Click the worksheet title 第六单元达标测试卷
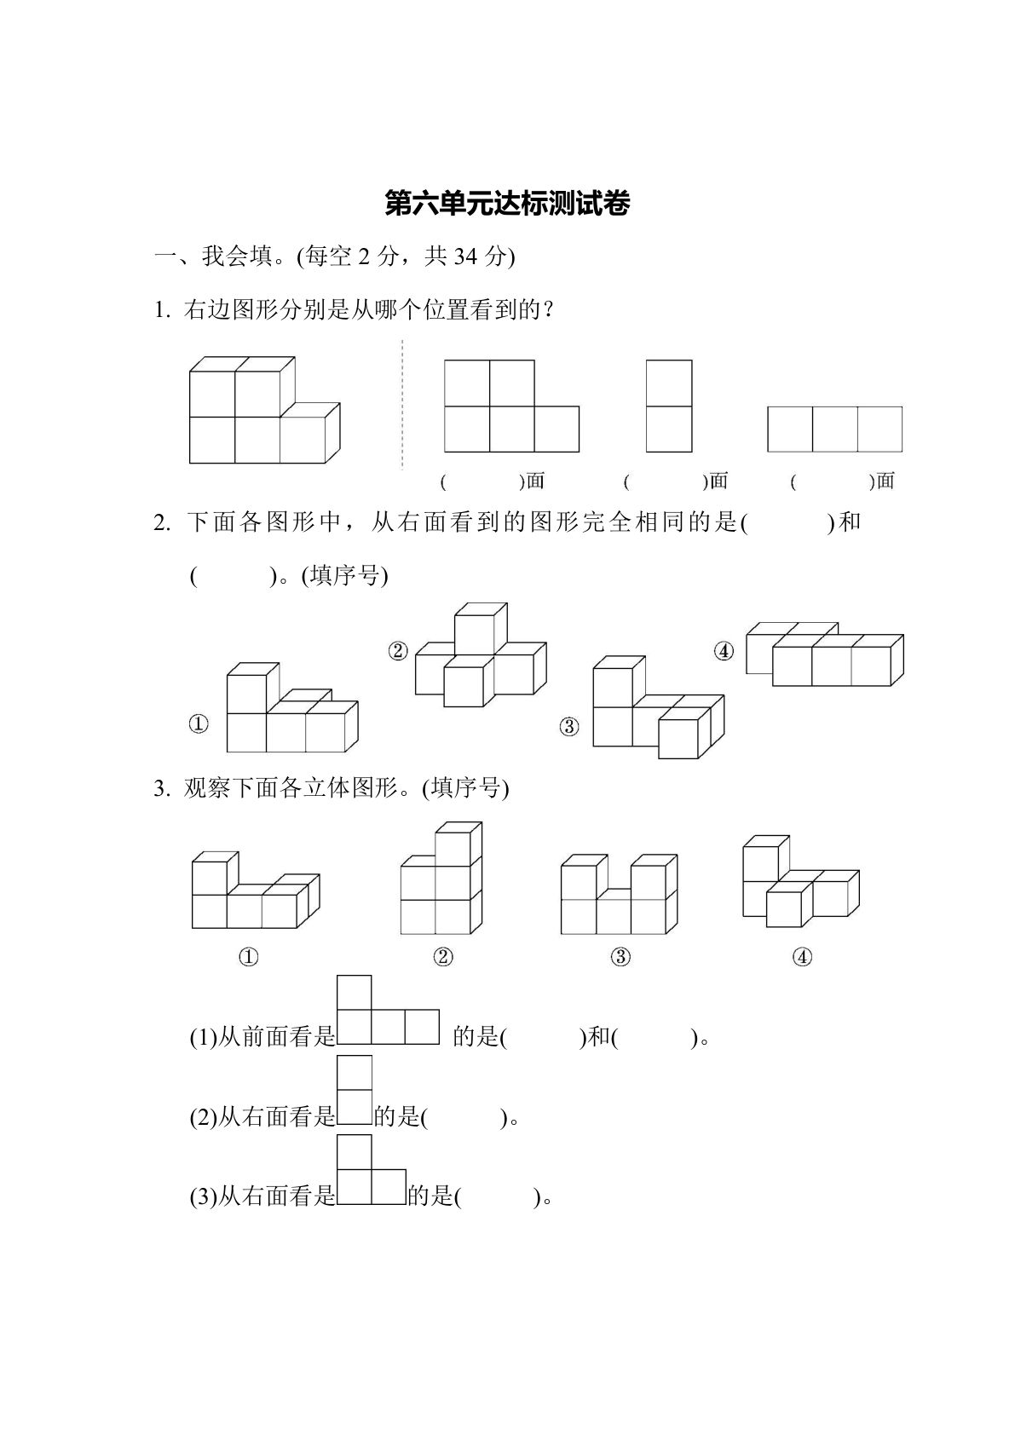[x=507, y=205]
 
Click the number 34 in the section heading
[x=465, y=256]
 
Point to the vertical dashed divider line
[x=402, y=405]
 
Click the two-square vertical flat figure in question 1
[x=669, y=406]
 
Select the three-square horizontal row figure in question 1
[x=834, y=429]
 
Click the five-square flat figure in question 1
[x=511, y=406]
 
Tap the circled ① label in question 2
[x=198, y=724]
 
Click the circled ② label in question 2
[x=398, y=652]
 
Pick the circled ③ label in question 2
[x=569, y=727]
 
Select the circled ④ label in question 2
[x=724, y=652]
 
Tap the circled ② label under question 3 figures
[x=443, y=957]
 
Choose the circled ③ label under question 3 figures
[x=620, y=957]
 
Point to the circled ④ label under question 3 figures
[x=802, y=957]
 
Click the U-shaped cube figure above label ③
[x=619, y=895]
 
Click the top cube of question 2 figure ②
[x=480, y=631]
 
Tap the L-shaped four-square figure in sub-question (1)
[x=388, y=1011]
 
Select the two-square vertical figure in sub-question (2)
[x=355, y=1090]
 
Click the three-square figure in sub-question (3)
[x=371, y=1170]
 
